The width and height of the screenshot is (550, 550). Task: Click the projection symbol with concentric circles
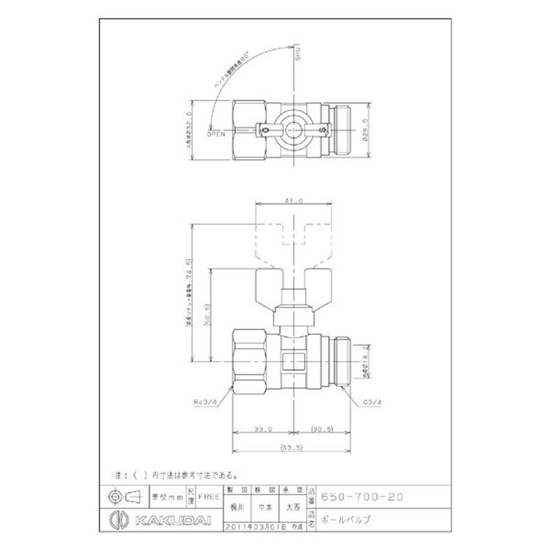click(x=115, y=496)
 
